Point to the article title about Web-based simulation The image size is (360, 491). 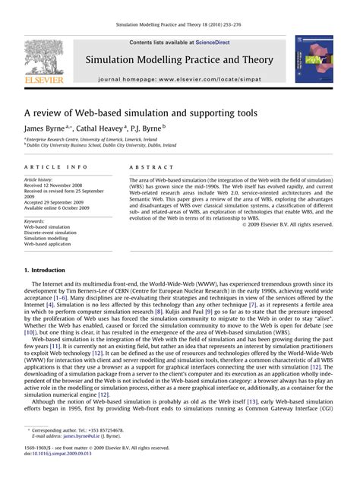pyautogui.click(x=140, y=112)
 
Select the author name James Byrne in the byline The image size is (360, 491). pyautogui.click(x=46, y=129)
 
